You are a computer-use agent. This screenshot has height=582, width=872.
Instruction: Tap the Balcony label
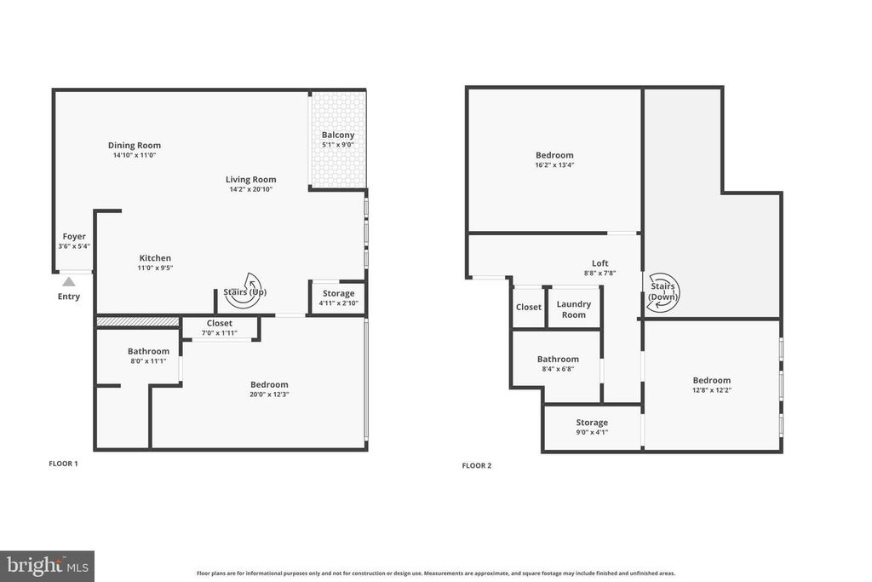click(337, 135)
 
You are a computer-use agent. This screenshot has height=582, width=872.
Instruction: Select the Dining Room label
click(135, 145)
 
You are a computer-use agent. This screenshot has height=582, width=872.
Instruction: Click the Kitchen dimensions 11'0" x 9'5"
click(155, 268)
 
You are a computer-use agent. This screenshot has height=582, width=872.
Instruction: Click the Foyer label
click(74, 236)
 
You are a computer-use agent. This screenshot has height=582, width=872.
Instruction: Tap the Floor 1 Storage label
click(338, 293)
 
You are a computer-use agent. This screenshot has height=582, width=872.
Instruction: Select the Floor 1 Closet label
click(219, 323)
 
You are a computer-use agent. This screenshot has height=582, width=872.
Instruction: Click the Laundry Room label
click(574, 309)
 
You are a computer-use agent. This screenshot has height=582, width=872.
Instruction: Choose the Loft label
click(600, 263)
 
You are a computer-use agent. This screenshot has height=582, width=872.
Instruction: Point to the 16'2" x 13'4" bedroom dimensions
click(554, 165)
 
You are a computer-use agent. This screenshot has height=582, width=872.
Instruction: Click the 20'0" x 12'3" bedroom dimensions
click(268, 395)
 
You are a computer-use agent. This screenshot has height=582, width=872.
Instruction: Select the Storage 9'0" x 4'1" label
click(591, 432)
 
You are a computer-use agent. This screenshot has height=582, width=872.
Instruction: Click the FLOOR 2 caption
click(477, 465)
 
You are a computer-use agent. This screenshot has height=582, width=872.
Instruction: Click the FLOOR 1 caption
click(63, 464)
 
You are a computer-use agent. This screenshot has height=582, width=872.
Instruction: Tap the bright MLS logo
click(47, 566)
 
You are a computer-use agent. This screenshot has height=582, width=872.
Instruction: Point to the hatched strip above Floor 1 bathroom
click(138, 321)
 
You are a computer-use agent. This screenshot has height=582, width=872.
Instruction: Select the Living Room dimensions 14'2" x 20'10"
click(250, 189)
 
